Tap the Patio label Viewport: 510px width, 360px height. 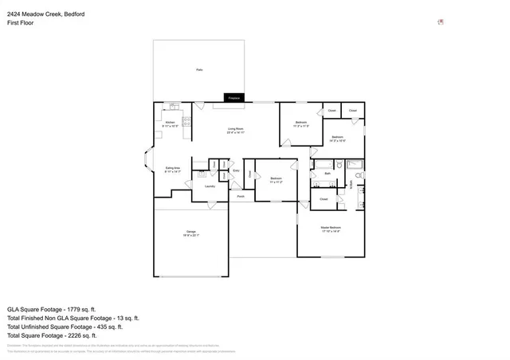point(198,70)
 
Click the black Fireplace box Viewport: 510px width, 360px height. point(234,97)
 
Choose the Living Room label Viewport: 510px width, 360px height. point(235,130)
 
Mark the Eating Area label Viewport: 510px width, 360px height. point(171,169)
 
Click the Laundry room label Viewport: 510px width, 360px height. point(210,186)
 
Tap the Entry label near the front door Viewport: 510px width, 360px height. point(236,171)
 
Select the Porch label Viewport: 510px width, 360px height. point(240,195)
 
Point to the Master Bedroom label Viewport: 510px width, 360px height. point(331,229)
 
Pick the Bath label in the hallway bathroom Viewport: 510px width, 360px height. point(328,173)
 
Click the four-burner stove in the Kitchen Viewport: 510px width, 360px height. point(186,121)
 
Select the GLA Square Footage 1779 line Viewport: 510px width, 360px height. point(52,308)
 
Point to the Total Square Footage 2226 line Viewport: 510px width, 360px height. point(53,336)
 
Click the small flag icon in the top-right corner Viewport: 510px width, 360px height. point(441,22)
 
